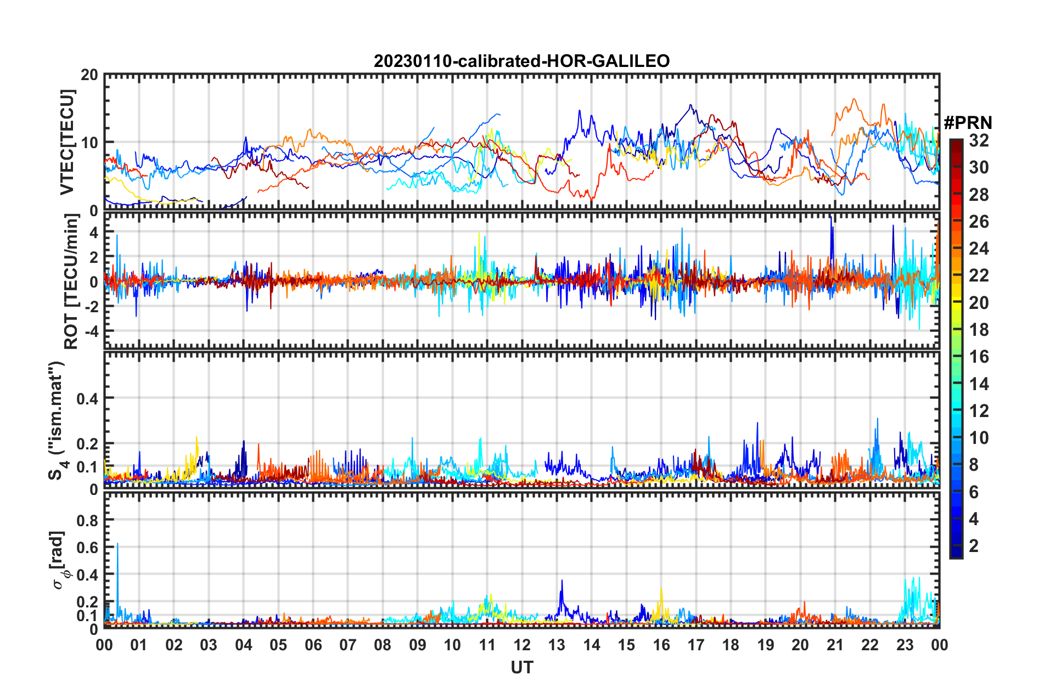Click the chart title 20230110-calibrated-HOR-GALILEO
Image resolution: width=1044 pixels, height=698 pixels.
pyautogui.click(x=521, y=61)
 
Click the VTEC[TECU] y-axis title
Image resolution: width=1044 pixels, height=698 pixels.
pyautogui.click(x=67, y=142)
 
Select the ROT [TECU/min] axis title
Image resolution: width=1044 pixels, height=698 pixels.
pyautogui.click(x=71, y=282)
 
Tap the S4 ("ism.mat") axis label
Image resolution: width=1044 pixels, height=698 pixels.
pyautogui.click(x=57, y=420)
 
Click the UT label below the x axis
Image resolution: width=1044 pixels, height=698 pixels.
pyautogui.click(x=521, y=667)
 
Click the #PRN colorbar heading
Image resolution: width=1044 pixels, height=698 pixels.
pyautogui.click(x=968, y=122)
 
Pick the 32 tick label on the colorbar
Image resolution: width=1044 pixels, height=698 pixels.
pyautogui.click(x=979, y=140)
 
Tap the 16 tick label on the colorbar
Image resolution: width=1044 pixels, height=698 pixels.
pyautogui.click(x=979, y=357)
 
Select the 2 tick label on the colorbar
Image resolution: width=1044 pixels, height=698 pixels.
pyautogui.click(x=974, y=545)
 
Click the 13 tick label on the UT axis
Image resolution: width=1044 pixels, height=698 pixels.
pyautogui.click(x=557, y=645)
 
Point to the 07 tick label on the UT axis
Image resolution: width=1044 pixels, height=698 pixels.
pyautogui.click(x=348, y=645)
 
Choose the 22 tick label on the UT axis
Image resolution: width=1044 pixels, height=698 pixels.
pyautogui.click(x=870, y=645)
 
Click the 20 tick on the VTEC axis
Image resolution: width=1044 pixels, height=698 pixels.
pyautogui.click(x=89, y=75)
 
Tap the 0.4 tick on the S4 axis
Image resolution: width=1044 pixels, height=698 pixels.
pyautogui.click(x=87, y=398)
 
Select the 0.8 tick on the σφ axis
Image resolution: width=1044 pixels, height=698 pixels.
pyautogui.click(x=87, y=520)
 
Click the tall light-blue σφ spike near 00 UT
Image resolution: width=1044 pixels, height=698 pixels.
pyautogui.click(x=117, y=545)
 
